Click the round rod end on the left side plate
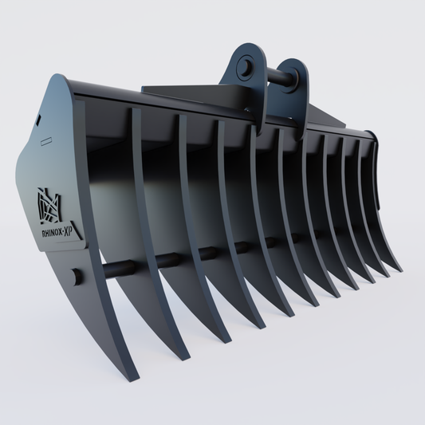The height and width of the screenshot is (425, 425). point(77,277)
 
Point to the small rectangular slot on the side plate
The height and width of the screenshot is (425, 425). point(46,140)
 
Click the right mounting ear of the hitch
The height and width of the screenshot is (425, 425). point(288,88)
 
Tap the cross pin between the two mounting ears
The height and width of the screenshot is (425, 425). point(275,78)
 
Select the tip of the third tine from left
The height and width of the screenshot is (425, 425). point(230,338)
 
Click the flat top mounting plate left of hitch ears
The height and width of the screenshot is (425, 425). point(191,94)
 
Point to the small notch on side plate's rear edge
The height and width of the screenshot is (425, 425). point(37,120)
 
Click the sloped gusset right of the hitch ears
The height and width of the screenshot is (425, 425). point(327,116)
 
